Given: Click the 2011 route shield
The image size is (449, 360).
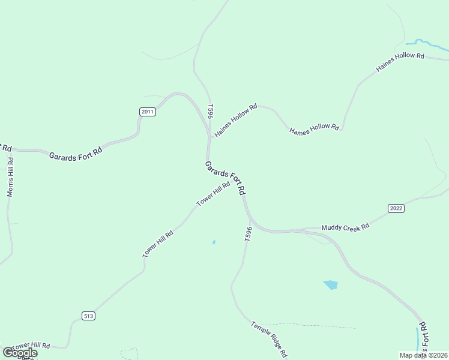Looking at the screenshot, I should [x=147, y=112].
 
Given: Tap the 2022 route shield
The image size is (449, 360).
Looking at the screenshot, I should [x=396, y=209].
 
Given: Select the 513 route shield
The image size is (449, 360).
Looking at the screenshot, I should [x=89, y=316].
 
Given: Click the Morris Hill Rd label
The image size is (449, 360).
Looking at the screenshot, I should [x=10, y=177].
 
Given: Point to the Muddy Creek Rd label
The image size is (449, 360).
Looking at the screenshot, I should [x=345, y=227].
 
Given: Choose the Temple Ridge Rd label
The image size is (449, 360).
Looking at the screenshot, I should [x=270, y=338].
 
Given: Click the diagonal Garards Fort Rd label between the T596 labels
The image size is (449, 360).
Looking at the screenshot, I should [x=225, y=177].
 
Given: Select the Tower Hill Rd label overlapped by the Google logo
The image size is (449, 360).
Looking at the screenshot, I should [x=30, y=347].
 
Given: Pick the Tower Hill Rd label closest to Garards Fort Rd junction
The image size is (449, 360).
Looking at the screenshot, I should [x=213, y=194].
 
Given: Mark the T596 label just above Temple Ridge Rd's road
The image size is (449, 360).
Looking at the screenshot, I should [x=248, y=235].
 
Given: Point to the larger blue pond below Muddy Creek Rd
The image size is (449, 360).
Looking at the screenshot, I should [x=330, y=285].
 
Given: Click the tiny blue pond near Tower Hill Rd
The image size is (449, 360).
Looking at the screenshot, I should [x=214, y=242].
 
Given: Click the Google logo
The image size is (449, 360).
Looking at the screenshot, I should [x=20, y=353].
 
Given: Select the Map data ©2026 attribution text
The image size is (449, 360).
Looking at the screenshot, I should [x=423, y=355].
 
